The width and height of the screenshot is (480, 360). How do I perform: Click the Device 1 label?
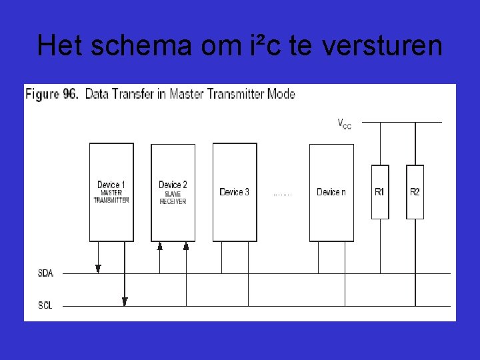click(111, 185)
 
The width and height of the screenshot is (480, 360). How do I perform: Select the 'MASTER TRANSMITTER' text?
click(111, 197)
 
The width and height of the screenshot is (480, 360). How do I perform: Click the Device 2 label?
click(173, 185)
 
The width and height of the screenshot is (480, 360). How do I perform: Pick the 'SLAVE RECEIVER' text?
click(173, 198)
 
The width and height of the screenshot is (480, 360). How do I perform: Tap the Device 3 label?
click(235, 192)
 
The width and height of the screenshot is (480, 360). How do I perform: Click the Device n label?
click(331, 192)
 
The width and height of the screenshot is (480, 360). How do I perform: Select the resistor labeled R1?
click(379, 192)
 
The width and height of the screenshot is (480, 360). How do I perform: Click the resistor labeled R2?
click(415, 192)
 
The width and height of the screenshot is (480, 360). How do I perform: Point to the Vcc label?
click(344, 124)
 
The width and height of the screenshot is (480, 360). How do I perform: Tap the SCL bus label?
click(45, 305)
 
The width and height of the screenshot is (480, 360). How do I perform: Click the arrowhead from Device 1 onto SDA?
click(98, 269)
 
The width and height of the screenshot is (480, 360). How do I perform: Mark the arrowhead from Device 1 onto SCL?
click(125, 301)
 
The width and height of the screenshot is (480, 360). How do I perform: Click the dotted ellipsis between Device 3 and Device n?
click(283, 194)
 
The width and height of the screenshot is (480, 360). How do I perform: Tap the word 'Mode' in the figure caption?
click(281, 94)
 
